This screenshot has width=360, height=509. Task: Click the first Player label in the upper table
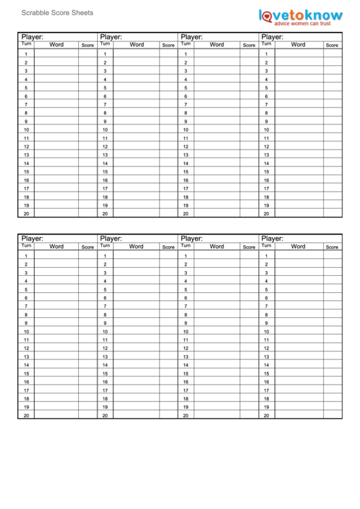coord(33,37)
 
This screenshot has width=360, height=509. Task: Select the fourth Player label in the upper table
coord(272,37)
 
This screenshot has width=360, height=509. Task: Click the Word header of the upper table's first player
coord(57,45)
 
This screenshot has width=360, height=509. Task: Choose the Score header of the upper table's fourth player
coord(331,46)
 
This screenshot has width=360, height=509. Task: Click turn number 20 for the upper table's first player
coord(26,213)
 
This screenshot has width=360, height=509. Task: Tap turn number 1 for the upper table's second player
coord(105,54)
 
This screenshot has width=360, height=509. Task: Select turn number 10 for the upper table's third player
coord(185,130)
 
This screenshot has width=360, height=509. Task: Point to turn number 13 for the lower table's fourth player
coord(266,357)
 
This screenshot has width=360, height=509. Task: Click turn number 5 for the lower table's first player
coord(26,289)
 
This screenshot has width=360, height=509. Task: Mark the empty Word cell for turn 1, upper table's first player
coord(57,54)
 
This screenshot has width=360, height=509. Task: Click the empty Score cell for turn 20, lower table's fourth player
coord(331,415)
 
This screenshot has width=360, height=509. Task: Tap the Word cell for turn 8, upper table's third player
coord(217,113)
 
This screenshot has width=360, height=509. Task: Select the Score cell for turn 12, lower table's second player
coord(168,348)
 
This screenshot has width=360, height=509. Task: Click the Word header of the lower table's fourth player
coord(298,247)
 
